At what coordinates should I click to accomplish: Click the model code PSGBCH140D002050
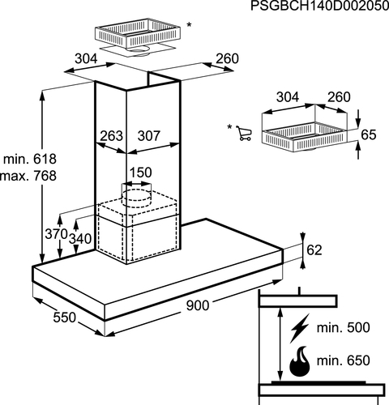[319, 6]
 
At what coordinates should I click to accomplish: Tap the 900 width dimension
[198, 305]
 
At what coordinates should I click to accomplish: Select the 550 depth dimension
[65, 318]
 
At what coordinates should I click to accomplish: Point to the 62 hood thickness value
[314, 250]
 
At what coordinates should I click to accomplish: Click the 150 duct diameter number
[140, 173]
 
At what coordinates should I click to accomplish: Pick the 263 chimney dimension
[111, 136]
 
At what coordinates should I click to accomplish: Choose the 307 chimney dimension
[149, 136]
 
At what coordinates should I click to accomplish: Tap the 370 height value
[56, 234]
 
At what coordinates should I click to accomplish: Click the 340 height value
[80, 239]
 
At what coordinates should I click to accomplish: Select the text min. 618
[30, 159]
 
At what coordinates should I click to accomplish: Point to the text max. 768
[28, 176]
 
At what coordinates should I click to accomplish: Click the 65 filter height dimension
[369, 134]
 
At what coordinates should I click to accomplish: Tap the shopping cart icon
[244, 133]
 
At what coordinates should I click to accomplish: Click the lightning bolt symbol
[299, 328]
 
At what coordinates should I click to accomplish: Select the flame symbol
[300, 361]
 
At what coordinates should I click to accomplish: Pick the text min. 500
[343, 327]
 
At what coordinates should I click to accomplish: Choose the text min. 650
[343, 360]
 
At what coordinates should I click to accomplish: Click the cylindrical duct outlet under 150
[136, 195]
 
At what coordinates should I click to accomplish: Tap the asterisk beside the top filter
[189, 25]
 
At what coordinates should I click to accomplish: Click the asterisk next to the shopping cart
[229, 126]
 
